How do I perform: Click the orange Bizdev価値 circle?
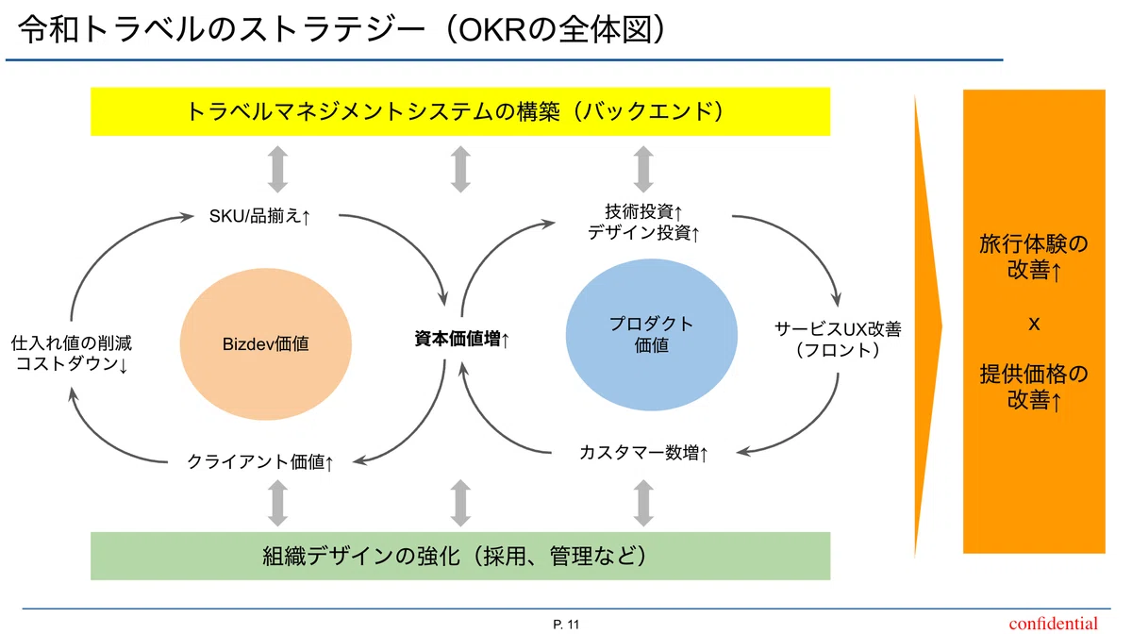tap(266, 343)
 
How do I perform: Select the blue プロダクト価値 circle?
tap(652, 335)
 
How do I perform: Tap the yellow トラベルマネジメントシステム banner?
tap(460, 111)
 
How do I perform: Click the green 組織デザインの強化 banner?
tap(460, 556)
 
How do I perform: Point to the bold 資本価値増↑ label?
tap(462, 340)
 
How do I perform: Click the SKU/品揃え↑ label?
tap(259, 216)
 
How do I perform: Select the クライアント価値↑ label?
tap(259, 461)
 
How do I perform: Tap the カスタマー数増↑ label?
tap(643, 453)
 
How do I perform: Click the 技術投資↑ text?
tap(643, 211)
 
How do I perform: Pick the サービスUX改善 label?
tap(838, 329)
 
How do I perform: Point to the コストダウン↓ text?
tap(72, 363)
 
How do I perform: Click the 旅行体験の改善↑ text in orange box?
tap(1034, 258)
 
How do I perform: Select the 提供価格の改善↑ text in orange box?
tap(1034, 387)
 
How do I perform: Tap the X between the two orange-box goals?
tap(1034, 325)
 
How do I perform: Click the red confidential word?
tap(1053, 624)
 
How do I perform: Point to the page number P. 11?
tap(566, 625)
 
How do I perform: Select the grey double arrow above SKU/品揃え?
tap(278, 170)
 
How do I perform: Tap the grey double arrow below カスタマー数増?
tap(643, 503)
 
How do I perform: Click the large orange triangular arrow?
tap(927, 326)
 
